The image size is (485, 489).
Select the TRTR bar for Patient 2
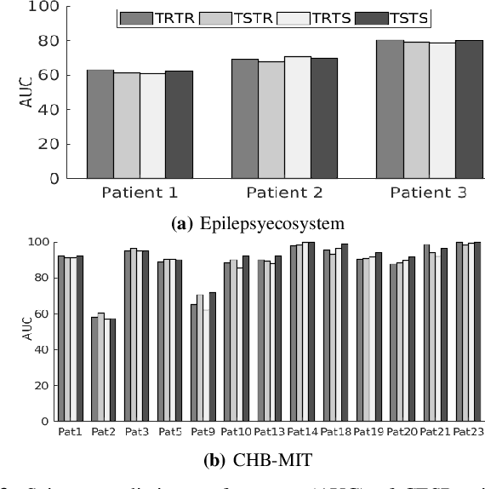(245, 118)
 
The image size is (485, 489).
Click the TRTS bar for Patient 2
(297, 118)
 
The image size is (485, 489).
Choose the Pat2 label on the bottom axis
(103, 431)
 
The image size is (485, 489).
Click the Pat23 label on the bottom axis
(467, 431)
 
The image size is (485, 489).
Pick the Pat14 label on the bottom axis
(302, 431)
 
